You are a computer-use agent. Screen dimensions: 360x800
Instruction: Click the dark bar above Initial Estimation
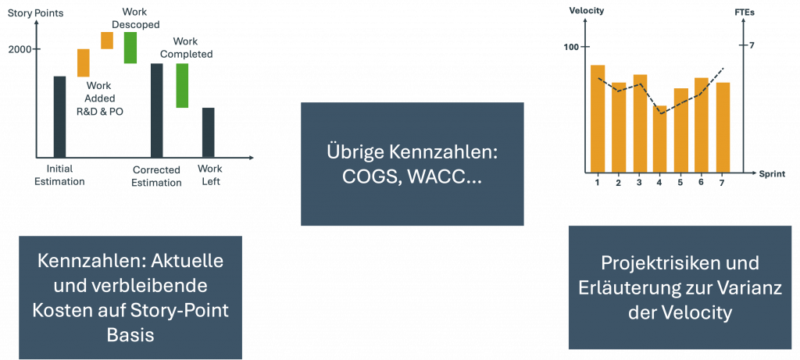(x=59, y=116)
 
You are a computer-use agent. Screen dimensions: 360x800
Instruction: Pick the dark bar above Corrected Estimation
(x=156, y=110)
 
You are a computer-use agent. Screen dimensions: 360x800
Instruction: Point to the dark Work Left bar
(x=208, y=132)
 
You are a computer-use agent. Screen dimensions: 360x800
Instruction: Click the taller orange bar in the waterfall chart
(x=83, y=62)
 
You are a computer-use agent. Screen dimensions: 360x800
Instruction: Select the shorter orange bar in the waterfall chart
(x=107, y=41)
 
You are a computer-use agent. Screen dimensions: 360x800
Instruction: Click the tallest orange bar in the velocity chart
(x=598, y=118)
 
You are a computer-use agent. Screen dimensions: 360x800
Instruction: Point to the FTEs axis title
(x=742, y=12)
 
